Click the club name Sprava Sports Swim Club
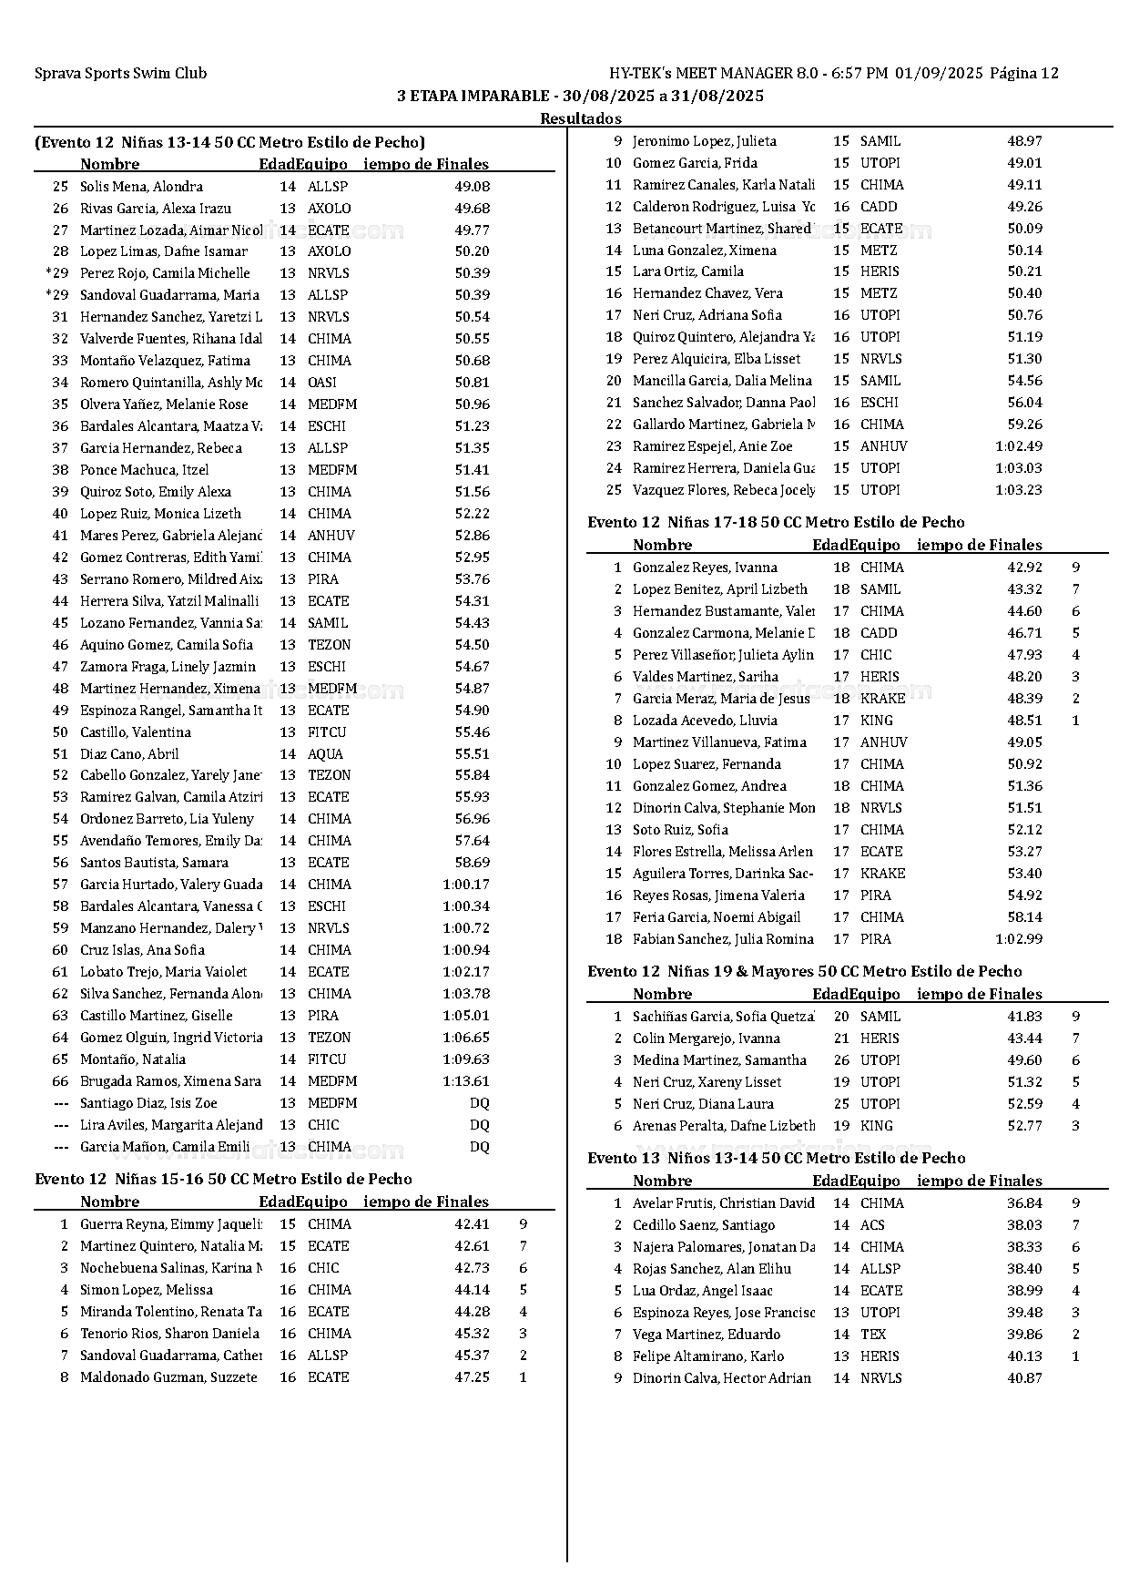[120, 74]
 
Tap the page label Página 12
[1024, 74]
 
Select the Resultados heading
[581, 118]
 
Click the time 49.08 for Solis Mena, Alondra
[472, 187]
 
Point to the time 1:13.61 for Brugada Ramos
[465, 1081]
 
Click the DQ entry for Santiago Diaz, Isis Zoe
[479, 1103]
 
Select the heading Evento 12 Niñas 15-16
[223, 1180]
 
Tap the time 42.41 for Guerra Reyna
[472, 1224]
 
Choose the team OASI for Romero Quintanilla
[321, 383]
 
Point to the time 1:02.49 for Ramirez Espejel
[1019, 446]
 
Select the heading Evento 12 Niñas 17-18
[776, 523]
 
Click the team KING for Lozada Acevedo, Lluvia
[877, 721]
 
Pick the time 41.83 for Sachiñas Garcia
[1024, 1017]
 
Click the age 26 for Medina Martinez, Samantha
[841, 1060]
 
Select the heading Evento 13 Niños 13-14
[776, 1159]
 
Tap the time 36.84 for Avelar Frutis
[1024, 1203]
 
